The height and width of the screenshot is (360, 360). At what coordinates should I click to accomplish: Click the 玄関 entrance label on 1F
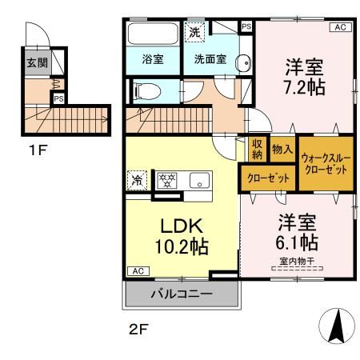(x=37, y=63)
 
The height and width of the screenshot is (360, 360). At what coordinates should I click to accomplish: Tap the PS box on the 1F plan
(x=58, y=98)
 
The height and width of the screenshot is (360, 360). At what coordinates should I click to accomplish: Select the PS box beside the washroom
(x=246, y=26)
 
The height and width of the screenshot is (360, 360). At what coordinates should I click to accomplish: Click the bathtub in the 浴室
(x=153, y=34)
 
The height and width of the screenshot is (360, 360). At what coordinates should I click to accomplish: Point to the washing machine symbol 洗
(x=194, y=32)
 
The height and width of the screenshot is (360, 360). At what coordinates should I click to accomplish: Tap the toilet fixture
(x=146, y=91)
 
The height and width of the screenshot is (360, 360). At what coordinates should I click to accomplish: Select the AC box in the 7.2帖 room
(x=341, y=27)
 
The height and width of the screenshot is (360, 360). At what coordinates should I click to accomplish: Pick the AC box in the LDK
(x=138, y=271)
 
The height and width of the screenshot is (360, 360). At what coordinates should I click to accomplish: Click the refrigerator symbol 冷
(x=137, y=180)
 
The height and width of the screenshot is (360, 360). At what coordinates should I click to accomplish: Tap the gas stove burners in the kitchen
(x=166, y=180)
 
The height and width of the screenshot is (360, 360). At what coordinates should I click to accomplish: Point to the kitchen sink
(x=199, y=180)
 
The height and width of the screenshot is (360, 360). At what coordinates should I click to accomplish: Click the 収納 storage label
(x=258, y=150)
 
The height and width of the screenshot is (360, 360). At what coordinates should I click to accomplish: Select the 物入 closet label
(x=282, y=149)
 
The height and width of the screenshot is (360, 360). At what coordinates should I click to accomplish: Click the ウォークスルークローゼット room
(x=326, y=164)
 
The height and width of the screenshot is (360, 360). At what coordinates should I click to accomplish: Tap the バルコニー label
(x=182, y=294)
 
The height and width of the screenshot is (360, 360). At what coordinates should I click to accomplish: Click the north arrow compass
(x=338, y=326)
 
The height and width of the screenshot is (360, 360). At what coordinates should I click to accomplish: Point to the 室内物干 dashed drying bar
(x=297, y=269)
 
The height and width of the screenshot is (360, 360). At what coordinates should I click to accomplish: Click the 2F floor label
(x=138, y=329)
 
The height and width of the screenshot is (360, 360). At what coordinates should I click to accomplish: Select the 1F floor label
(x=38, y=150)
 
